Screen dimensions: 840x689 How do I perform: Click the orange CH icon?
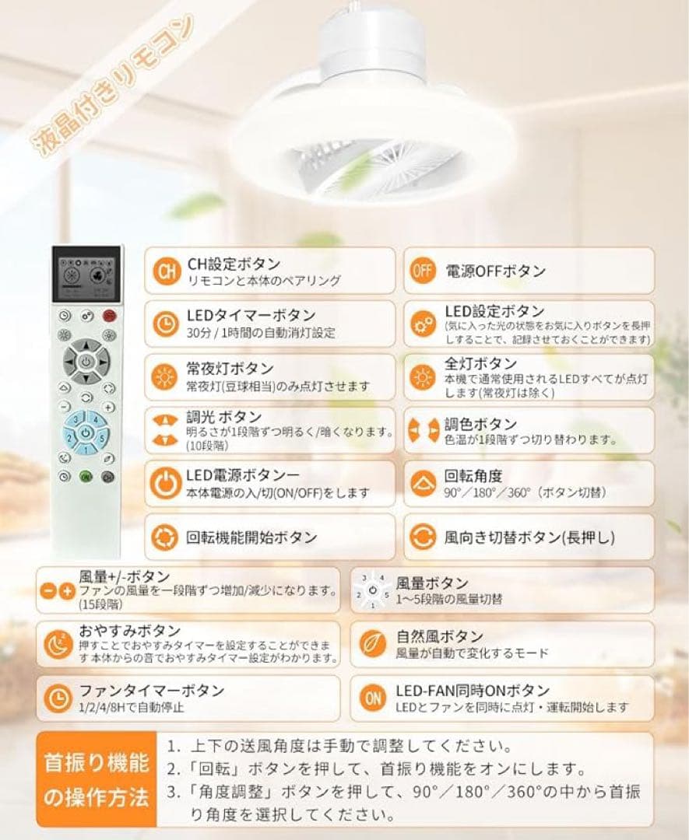pyautogui.click(x=164, y=272)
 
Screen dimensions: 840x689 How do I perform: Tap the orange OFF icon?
pyautogui.click(x=422, y=272)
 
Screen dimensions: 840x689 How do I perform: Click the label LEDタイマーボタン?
pyautogui.click(x=251, y=316)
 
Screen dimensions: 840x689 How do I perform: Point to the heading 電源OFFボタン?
pyautogui.click(x=495, y=271)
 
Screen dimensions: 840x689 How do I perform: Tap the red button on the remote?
pyautogui.click(x=109, y=316)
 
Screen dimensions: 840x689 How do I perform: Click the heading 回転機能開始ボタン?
pyautogui.click(x=251, y=537)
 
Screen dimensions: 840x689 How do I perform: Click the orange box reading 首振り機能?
pyautogui.click(x=97, y=762)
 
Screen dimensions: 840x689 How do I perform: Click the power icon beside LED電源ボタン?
pyautogui.click(x=164, y=483)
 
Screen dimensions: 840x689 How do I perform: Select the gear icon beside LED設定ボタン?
pyautogui.click(x=423, y=322)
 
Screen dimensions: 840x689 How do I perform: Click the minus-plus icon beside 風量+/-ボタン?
pyautogui.click(x=57, y=590)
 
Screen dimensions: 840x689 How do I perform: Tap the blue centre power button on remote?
pyautogui.click(x=85, y=432)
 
